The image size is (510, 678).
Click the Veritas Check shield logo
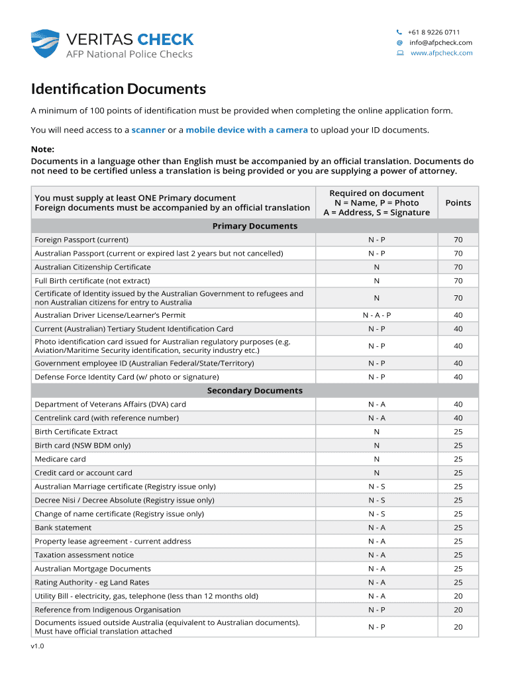[x=45, y=44]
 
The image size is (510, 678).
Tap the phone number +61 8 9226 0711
[x=434, y=32]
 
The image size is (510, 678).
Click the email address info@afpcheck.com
[x=440, y=42]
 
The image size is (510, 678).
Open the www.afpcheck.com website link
[x=442, y=53]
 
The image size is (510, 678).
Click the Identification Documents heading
[x=119, y=89]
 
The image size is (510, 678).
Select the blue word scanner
[x=148, y=130]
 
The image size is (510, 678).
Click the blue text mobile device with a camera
[x=246, y=130]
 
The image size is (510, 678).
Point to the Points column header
[x=458, y=203]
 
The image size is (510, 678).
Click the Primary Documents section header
[x=255, y=226]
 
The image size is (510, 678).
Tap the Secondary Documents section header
[x=255, y=391]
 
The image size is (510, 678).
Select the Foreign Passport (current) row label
[x=81, y=240]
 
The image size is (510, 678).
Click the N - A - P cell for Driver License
[x=376, y=315]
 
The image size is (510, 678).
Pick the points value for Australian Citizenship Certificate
[x=458, y=267]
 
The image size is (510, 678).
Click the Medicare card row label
[x=60, y=459]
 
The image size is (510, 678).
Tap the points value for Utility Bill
[x=458, y=596]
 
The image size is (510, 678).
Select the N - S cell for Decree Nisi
[x=376, y=500]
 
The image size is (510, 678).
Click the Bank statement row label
[x=63, y=528]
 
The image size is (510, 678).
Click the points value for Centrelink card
[x=458, y=418]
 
